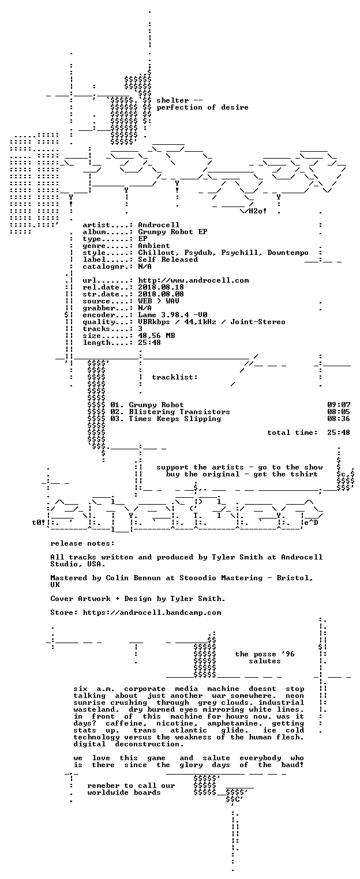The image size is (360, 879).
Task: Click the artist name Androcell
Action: coord(159,225)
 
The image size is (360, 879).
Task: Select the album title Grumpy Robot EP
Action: coord(172,231)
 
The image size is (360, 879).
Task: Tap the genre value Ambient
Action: coord(154,246)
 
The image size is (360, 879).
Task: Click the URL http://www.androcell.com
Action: coord(193,280)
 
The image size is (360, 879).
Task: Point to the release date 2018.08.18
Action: coord(161,287)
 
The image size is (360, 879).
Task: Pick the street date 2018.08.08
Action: coord(161,294)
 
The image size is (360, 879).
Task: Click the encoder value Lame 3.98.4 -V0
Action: coord(172,315)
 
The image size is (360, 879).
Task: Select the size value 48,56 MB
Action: coord(156,336)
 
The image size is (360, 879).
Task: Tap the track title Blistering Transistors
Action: coord(179,412)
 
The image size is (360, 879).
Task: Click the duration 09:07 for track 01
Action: coord(339,404)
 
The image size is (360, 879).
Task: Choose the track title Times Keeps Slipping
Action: coord(175,419)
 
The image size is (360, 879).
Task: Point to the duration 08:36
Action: coord(339,419)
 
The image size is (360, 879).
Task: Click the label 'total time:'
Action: coord(292,433)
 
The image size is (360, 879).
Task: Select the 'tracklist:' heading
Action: coord(175,377)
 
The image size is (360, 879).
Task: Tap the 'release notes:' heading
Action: coord(82,543)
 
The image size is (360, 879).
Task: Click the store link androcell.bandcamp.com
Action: coord(152,612)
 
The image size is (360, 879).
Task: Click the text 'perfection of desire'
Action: coord(202,107)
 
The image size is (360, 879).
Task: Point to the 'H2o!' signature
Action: coord(258,211)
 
